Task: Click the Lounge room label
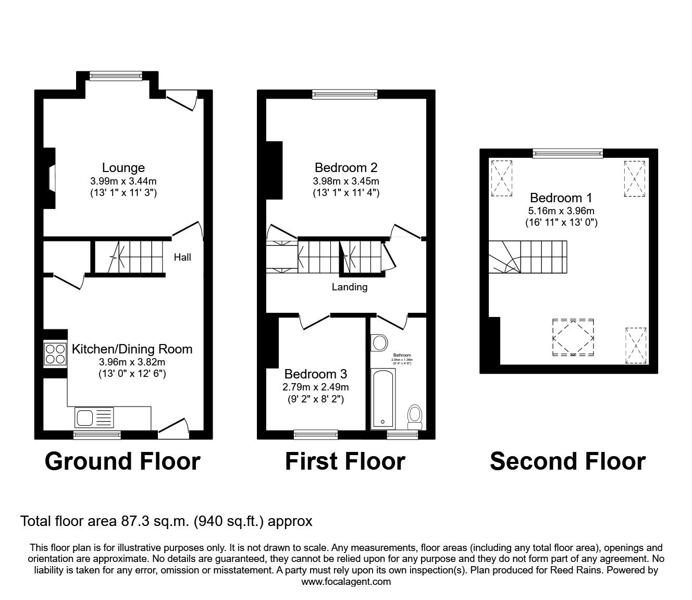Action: tap(123, 168)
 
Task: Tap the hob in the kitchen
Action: tap(55, 354)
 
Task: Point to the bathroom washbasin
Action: tap(379, 343)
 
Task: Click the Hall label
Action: tap(182, 257)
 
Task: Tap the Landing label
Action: tap(349, 287)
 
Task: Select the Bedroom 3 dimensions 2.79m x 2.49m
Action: tap(316, 387)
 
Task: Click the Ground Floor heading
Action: tap(122, 461)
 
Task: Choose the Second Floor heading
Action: tap(567, 461)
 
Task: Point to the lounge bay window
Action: tap(115, 76)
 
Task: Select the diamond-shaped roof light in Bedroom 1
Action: tap(573, 338)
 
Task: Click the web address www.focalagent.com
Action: tap(346, 582)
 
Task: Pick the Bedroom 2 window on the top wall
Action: tap(344, 94)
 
